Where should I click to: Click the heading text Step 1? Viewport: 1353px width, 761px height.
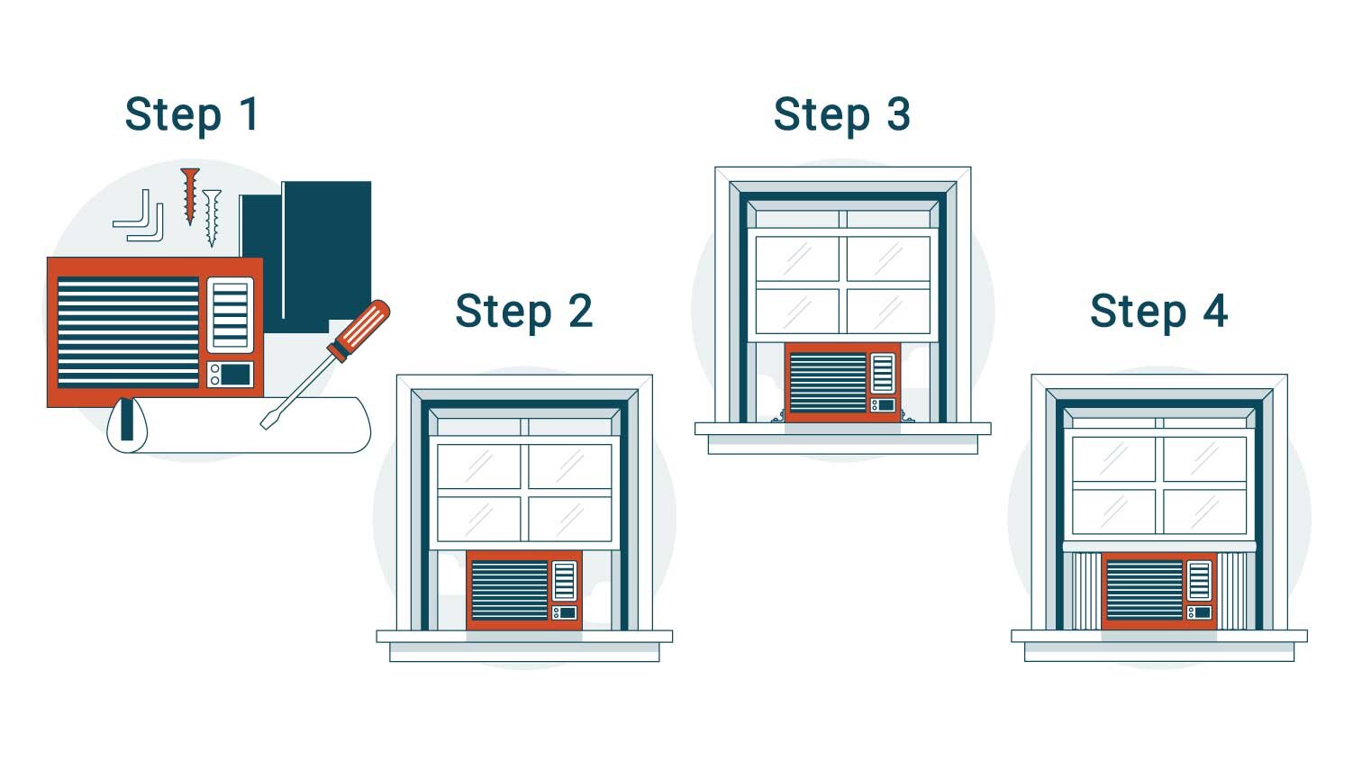(x=192, y=115)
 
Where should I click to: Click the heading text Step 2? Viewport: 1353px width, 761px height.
(x=523, y=312)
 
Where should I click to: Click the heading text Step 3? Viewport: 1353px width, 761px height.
(x=841, y=115)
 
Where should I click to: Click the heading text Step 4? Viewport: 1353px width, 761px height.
(x=1158, y=312)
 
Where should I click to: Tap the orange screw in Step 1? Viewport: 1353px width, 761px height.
(x=189, y=193)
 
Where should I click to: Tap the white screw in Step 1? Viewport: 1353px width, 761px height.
(x=212, y=216)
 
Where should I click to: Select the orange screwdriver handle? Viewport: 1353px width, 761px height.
(x=359, y=330)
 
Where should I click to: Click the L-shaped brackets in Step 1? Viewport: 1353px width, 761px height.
(x=141, y=216)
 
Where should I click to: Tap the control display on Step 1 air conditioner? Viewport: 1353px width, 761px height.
(x=236, y=375)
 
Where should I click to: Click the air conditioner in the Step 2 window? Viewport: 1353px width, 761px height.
(x=524, y=590)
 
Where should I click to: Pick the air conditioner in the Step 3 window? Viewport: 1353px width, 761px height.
(x=842, y=382)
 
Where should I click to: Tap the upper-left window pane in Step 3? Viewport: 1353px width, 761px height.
(x=796, y=258)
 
